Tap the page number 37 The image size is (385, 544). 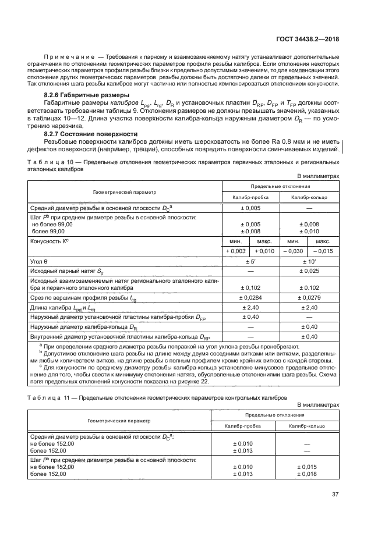(x=335, y=495)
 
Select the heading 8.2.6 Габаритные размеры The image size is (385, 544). (x=87, y=95)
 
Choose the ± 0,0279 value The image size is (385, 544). (x=309, y=298)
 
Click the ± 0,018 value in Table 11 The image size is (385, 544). (x=309, y=474)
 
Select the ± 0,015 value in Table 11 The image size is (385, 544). (x=309, y=467)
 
